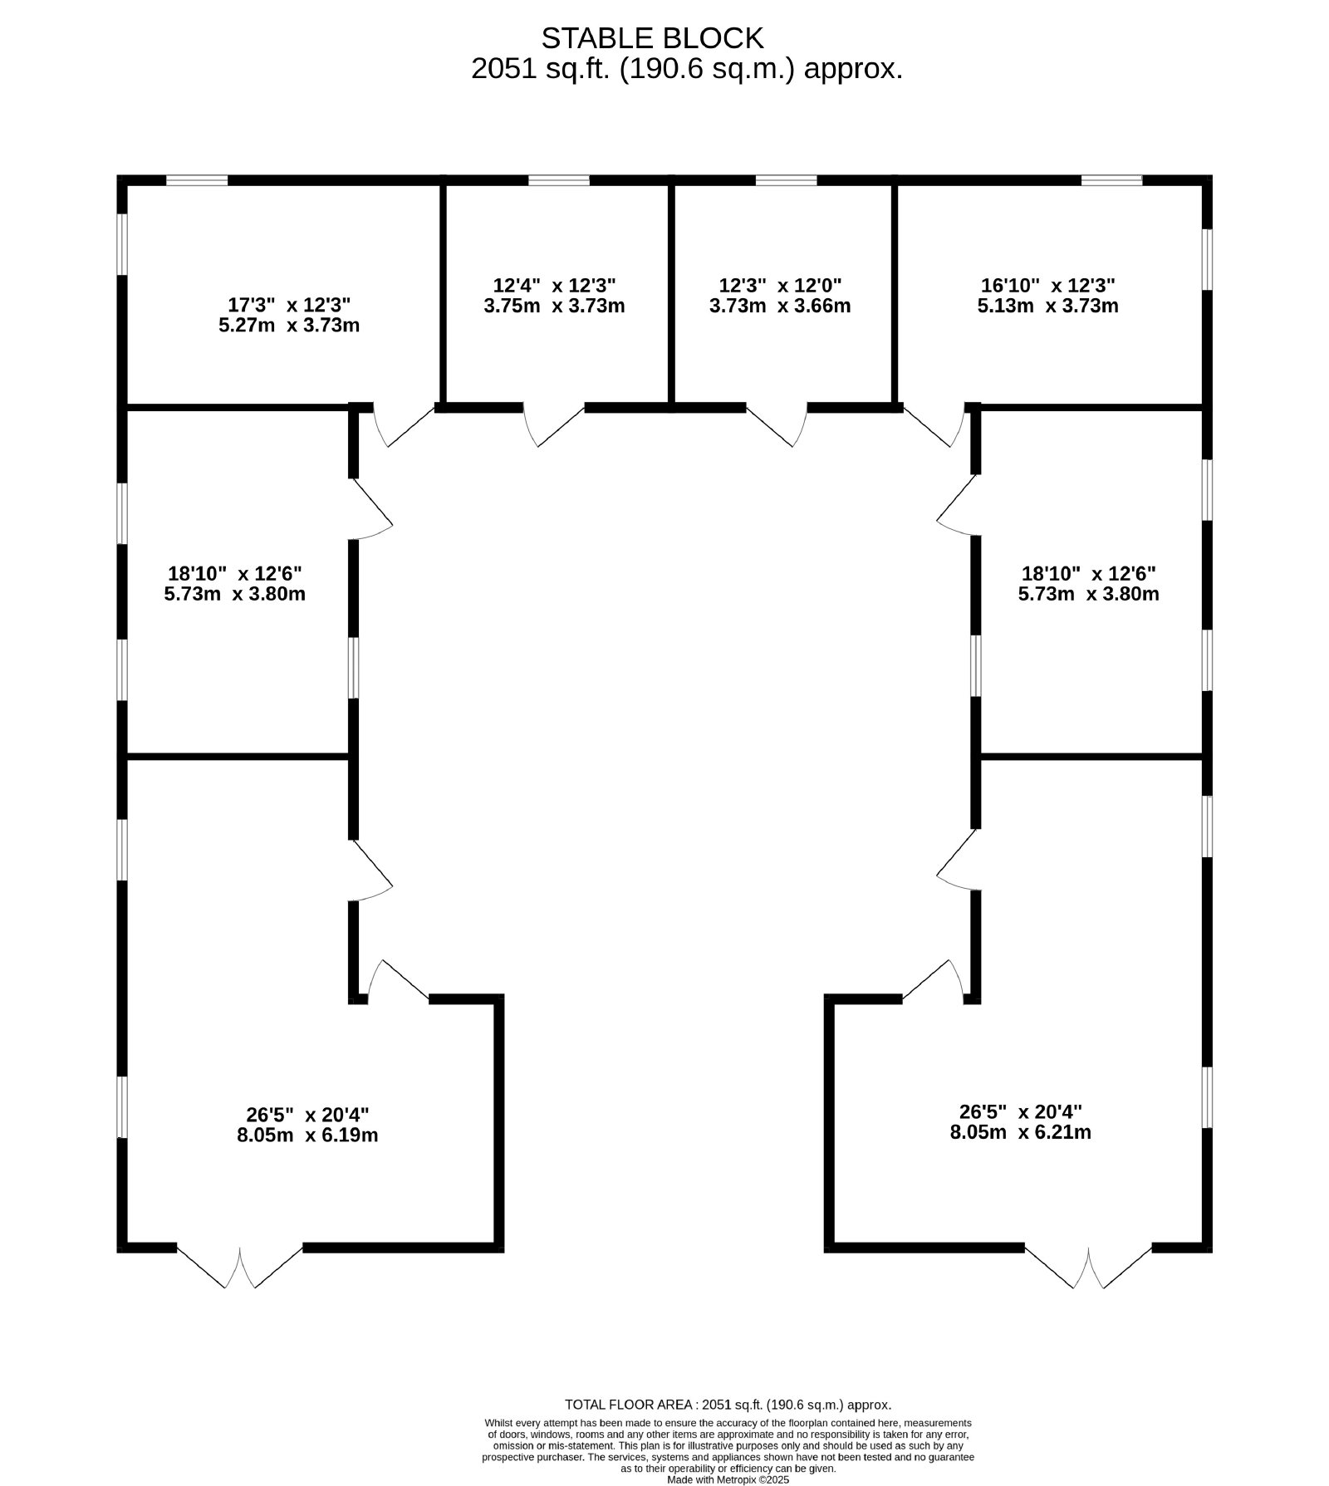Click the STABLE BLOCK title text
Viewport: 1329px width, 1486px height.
[652, 38]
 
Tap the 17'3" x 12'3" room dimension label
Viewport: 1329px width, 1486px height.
[289, 305]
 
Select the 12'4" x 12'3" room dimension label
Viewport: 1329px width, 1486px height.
[554, 286]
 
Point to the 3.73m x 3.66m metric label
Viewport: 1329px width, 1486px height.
[780, 306]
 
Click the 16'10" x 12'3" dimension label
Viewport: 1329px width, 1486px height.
[1048, 286]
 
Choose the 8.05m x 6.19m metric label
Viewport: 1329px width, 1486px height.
[307, 1135]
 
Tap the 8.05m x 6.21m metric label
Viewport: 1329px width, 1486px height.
[1021, 1132]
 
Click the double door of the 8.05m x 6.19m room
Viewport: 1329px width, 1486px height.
[240, 1266]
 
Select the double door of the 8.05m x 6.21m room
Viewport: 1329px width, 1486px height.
[1088, 1266]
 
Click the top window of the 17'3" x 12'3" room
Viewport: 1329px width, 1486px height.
[197, 180]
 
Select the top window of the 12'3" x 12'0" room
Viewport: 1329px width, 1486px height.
[786, 180]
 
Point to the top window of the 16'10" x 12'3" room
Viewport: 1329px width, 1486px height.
[1111, 180]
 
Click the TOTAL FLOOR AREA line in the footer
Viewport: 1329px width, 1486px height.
[728, 1405]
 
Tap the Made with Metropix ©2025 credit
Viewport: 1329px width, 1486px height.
[728, 1479]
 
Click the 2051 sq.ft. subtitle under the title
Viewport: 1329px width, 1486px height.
[687, 69]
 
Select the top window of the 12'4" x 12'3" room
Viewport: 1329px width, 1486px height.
[559, 180]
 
